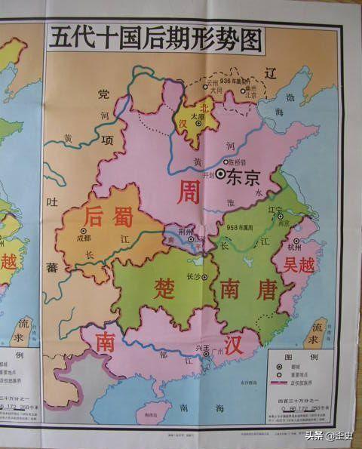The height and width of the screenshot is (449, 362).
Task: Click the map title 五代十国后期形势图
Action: [155, 38]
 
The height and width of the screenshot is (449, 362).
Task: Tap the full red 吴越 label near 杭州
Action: [299, 265]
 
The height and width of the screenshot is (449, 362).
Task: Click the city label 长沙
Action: [195, 276]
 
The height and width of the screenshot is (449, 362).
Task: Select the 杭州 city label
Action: [295, 248]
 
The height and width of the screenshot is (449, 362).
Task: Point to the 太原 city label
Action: [198, 116]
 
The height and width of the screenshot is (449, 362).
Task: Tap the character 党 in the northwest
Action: [103, 94]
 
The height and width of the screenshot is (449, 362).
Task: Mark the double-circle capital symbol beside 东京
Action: [219, 174]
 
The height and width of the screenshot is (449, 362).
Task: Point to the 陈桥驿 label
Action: [238, 161]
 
